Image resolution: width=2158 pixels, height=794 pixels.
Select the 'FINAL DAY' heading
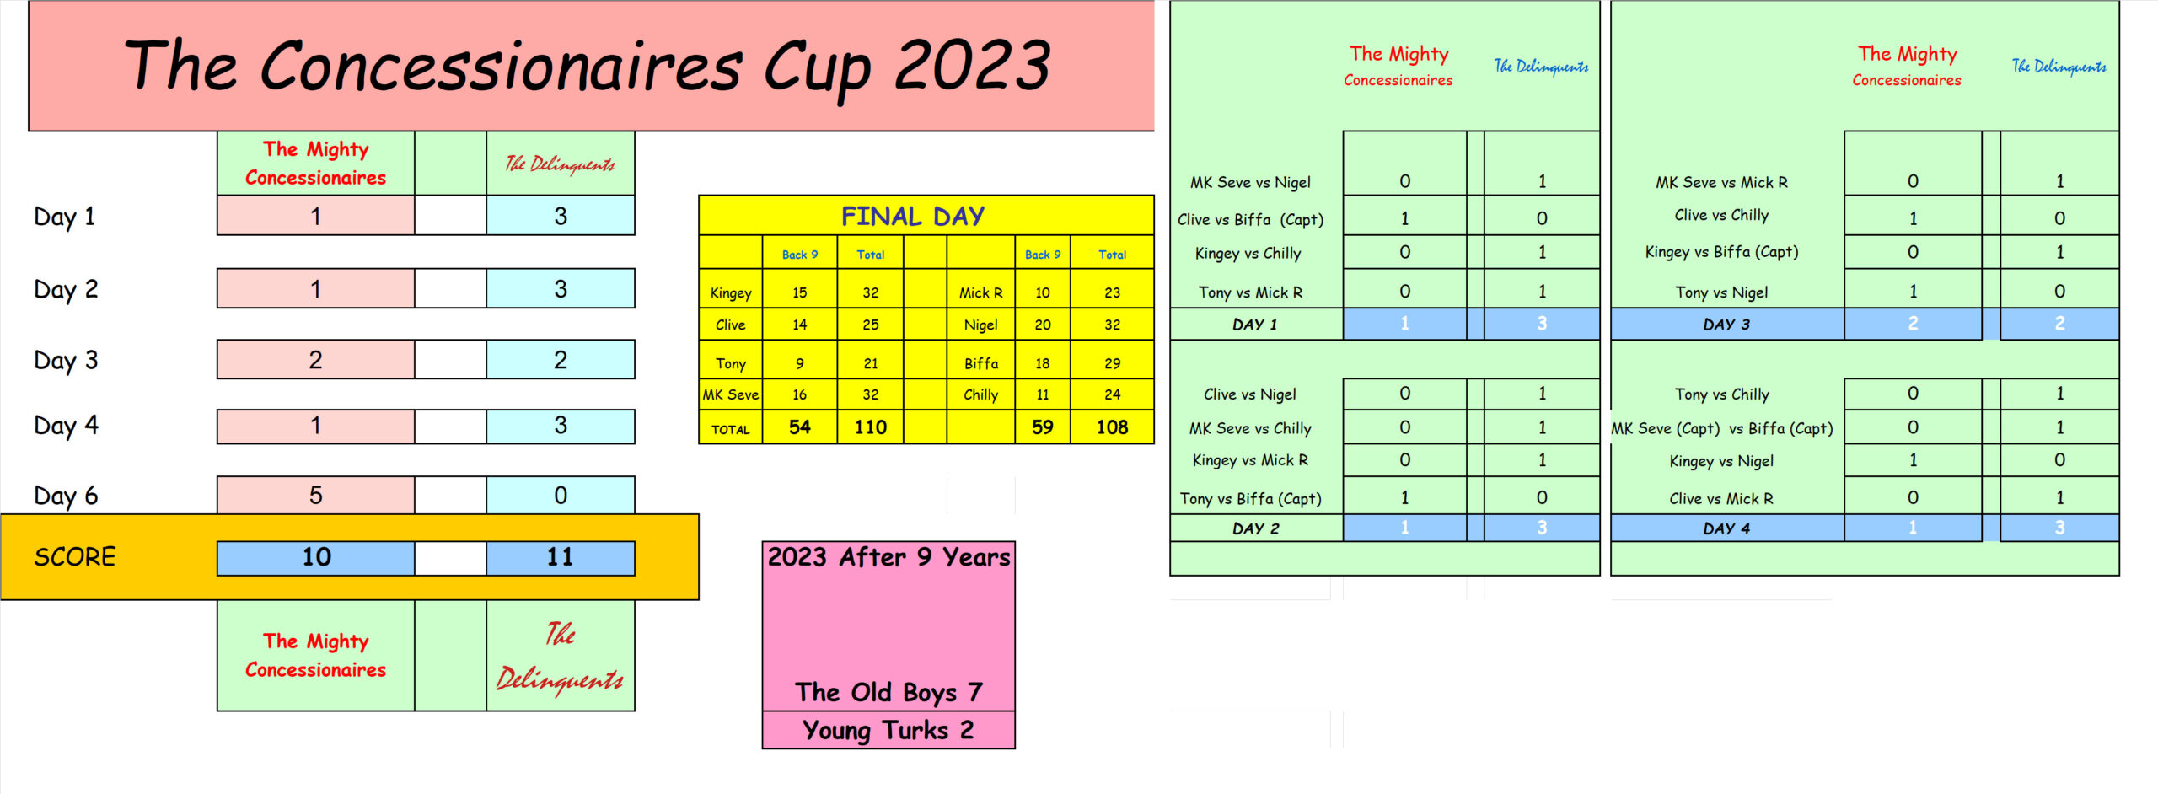click(913, 216)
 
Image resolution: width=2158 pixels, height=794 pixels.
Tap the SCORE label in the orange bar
click(75, 557)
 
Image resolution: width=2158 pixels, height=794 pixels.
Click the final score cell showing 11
click(561, 557)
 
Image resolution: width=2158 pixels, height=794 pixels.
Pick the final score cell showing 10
click(316, 557)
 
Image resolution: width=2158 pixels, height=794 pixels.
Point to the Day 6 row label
click(66, 496)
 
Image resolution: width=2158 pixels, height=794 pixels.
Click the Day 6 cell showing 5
click(316, 495)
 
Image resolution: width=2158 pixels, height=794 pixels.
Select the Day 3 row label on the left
click(66, 361)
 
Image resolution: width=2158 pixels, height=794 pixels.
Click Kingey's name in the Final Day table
click(731, 293)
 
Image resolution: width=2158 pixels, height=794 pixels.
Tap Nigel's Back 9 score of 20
click(1043, 325)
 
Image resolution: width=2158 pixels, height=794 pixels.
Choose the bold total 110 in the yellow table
click(871, 427)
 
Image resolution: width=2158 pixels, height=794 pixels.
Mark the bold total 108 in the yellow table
click(1113, 427)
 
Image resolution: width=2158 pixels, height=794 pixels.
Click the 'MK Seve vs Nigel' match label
click(1250, 182)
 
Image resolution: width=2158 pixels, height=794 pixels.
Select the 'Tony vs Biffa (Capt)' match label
click(1251, 499)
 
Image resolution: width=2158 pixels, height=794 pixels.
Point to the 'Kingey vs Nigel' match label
click(1721, 461)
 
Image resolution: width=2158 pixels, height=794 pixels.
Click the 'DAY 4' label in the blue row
click(1726, 528)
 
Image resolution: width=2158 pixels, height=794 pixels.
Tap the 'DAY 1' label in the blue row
click(1255, 325)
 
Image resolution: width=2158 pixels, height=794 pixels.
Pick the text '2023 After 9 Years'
click(888, 557)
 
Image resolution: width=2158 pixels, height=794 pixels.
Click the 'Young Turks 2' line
click(888, 730)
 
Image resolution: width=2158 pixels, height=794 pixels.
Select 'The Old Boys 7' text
click(888, 692)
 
